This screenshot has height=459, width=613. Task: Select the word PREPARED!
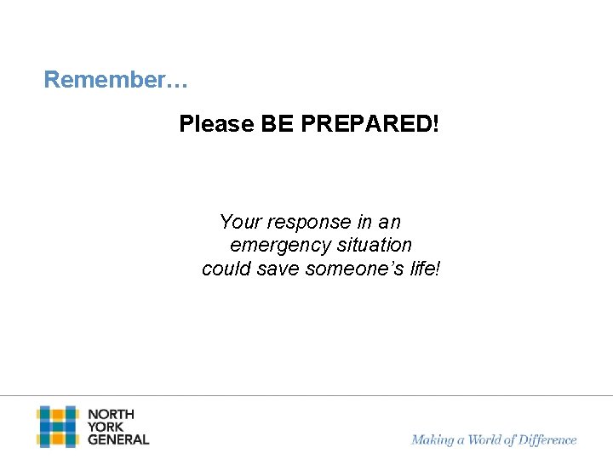[369, 125]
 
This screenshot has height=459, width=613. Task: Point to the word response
[305, 223]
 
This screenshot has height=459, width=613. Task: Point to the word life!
[424, 269]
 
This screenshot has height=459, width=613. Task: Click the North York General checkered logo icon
[57, 427]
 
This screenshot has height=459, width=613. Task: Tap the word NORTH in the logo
[111, 415]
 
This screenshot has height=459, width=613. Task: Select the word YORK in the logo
[106, 427]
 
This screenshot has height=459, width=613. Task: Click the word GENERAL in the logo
[118, 439]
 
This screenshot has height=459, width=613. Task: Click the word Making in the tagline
[433, 440]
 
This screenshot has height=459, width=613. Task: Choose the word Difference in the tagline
[545, 440]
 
